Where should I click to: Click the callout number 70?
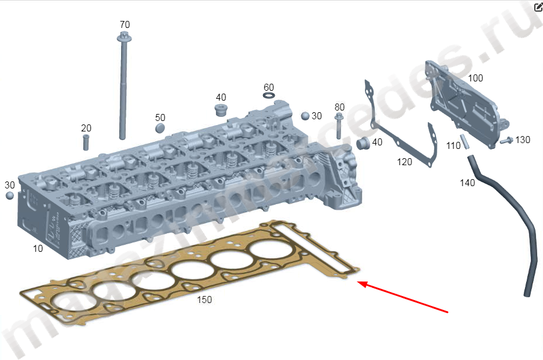pos(125,24)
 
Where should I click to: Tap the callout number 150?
pos(204,300)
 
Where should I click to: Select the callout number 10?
pos(38,248)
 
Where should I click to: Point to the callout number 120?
pos(404,162)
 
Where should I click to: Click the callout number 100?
pos(475,78)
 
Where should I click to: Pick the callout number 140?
pos(467,183)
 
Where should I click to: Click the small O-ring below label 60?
pos(269,95)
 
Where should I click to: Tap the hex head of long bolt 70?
pos(123,36)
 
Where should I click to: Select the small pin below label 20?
pos(86,142)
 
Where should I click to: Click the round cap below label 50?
pos(160,128)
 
